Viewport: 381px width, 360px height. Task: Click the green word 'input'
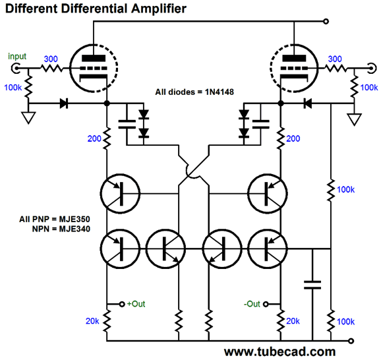click(x=17, y=57)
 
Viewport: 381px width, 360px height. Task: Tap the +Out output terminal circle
click(x=122, y=304)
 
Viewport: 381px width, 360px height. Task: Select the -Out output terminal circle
click(x=266, y=304)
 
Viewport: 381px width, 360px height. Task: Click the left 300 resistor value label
click(x=51, y=59)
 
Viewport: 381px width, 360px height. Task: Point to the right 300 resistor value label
click(x=335, y=59)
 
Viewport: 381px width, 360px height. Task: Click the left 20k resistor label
click(x=92, y=321)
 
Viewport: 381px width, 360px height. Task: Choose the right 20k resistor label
click(x=293, y=321)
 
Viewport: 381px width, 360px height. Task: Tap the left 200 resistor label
click(x=94, y=138)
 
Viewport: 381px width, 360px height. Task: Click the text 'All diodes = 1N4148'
click(x=194, y=92)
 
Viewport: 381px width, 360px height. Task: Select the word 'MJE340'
click(x=74, y=229)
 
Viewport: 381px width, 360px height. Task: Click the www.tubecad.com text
click(x=279, y=351)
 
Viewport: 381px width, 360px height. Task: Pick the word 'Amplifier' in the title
click(x=159, y=9)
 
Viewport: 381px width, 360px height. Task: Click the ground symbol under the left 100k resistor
click(x=28, y=117)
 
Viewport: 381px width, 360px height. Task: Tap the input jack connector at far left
click(x=16, y=68)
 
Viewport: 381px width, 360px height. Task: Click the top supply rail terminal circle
click(x=326, y=21)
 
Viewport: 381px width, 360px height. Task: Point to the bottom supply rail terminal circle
click(x=351, y=341)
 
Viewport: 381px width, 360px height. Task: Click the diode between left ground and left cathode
click(x=64, y=104)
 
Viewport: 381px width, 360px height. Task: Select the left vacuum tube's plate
click(x=94, y=58)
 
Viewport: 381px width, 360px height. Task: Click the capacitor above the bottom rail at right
click(x=312, y=285)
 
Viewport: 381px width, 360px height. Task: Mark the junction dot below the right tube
click(x=281, y=104)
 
